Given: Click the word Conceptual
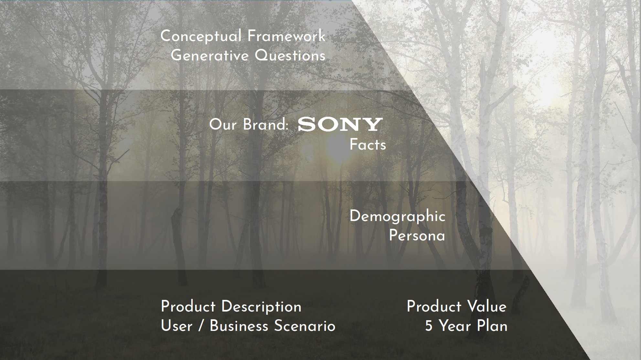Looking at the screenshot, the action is pos(201,36).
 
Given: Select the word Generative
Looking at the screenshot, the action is pos(209,55).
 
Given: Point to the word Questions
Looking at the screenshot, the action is pos(290,56).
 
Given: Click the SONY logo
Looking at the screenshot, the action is pos(340,125).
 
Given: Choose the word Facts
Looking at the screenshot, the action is pos(368,145).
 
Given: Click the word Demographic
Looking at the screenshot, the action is pos(397,217).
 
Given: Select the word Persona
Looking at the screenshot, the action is pos(417,235).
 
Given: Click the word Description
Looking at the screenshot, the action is pos(261,307).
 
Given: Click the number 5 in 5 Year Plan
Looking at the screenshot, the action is pos(429,326).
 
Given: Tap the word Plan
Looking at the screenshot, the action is pos(492,326).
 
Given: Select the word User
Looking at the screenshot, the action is pos(176,326).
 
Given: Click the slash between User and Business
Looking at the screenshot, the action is pos(201,326).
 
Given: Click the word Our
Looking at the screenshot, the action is pos(223,125).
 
